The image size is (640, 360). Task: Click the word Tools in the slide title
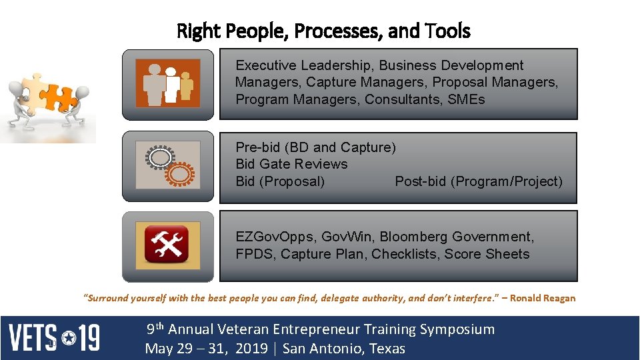pos(448,31)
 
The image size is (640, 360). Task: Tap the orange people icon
pos(168,83)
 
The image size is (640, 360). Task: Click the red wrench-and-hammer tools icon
pos(168,245)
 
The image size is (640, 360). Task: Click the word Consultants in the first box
pos(415,100)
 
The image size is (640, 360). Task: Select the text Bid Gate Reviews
pos(291,164)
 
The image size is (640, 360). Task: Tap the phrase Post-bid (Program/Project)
pos(479,181)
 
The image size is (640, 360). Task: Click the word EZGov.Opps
pos(275,237)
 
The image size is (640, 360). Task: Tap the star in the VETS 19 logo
pos(69,338)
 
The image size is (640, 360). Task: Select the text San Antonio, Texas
pos(343,349)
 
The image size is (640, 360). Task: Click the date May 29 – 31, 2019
pos(206,349)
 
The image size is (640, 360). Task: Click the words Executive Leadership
pos(304,65)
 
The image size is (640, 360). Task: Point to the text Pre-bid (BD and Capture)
pos(315,147)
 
